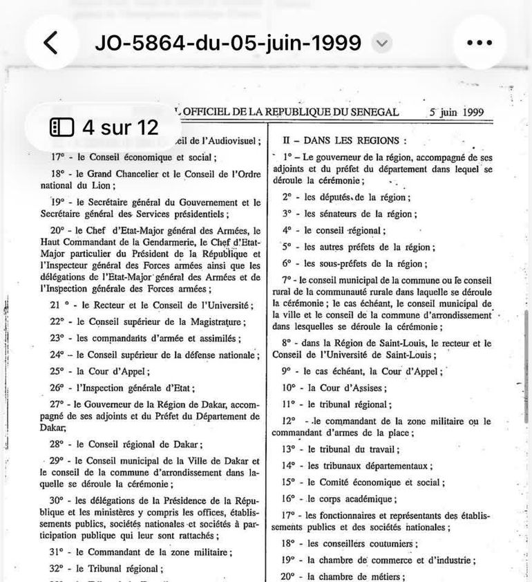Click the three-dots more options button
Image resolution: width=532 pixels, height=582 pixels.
(x=479, y=43)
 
